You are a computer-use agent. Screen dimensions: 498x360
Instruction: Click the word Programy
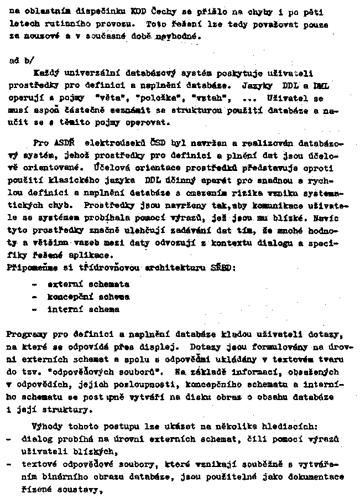pos(28,335)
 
